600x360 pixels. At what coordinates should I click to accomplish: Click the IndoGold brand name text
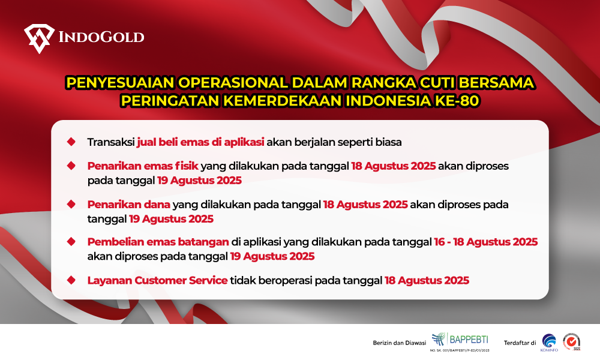point(101,37)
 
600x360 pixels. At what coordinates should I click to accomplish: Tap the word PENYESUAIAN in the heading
point(120,83)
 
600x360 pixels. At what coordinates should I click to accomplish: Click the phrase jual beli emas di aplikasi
point(200,142)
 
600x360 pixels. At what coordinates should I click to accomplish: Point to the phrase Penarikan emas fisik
point(143,166)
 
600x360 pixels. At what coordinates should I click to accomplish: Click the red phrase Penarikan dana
point(128,205)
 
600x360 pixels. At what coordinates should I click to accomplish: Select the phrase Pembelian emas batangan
point(158,242)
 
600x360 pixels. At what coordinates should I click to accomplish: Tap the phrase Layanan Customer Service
point(157,280)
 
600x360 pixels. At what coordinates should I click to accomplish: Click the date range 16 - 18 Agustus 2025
point(485,242)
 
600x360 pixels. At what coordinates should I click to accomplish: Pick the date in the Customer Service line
point(427,280)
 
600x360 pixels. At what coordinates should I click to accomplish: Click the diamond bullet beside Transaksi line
point(71,142)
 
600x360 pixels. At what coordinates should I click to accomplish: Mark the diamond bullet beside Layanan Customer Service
point(71,280)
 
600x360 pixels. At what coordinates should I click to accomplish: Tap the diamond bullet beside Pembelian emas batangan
point(71,241)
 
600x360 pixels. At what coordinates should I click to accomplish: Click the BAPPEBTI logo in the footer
point(460,341)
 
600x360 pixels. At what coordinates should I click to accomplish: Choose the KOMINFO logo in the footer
point(549,343)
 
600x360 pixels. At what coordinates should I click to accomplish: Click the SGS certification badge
point(572,341)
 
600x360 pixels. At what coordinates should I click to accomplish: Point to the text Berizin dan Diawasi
point(400,343)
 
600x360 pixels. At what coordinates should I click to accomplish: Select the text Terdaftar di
point(520,343)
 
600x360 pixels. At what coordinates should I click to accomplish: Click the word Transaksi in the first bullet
point(111,142)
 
